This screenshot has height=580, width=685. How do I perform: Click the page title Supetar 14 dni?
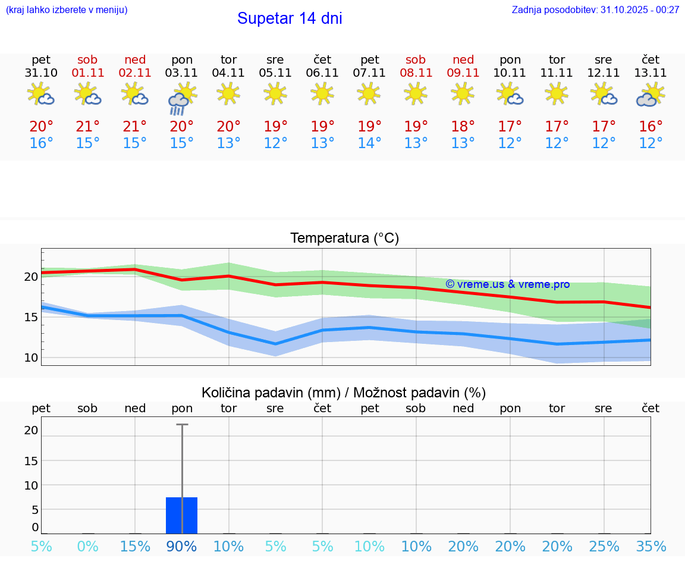click(290, 18)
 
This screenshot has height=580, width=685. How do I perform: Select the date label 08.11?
click(416, 73)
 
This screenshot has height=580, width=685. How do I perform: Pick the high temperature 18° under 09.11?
click(463, 126)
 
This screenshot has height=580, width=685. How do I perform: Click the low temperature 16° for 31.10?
click(41, 143)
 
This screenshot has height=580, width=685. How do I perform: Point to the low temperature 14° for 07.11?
click(369, 143)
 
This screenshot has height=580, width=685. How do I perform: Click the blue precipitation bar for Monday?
click(181, 515)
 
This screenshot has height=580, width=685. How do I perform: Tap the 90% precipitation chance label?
click(181, 547)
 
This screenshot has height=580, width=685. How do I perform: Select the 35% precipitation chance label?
click(651, 547)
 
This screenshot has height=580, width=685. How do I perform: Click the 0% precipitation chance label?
click(87, 547)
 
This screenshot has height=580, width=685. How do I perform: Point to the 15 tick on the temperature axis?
click(31, 317)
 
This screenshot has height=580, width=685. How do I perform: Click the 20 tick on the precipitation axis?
click(31, 430)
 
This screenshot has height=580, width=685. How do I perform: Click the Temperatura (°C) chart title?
click(344, 239)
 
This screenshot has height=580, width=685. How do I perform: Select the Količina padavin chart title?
click(344, 393)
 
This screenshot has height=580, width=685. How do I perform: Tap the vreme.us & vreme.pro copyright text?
click(507, 284)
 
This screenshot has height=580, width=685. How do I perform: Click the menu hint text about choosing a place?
click(67, 10)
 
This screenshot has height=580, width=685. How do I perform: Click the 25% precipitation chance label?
click(604, 547)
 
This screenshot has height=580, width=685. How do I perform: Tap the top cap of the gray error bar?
click(182, 424)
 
